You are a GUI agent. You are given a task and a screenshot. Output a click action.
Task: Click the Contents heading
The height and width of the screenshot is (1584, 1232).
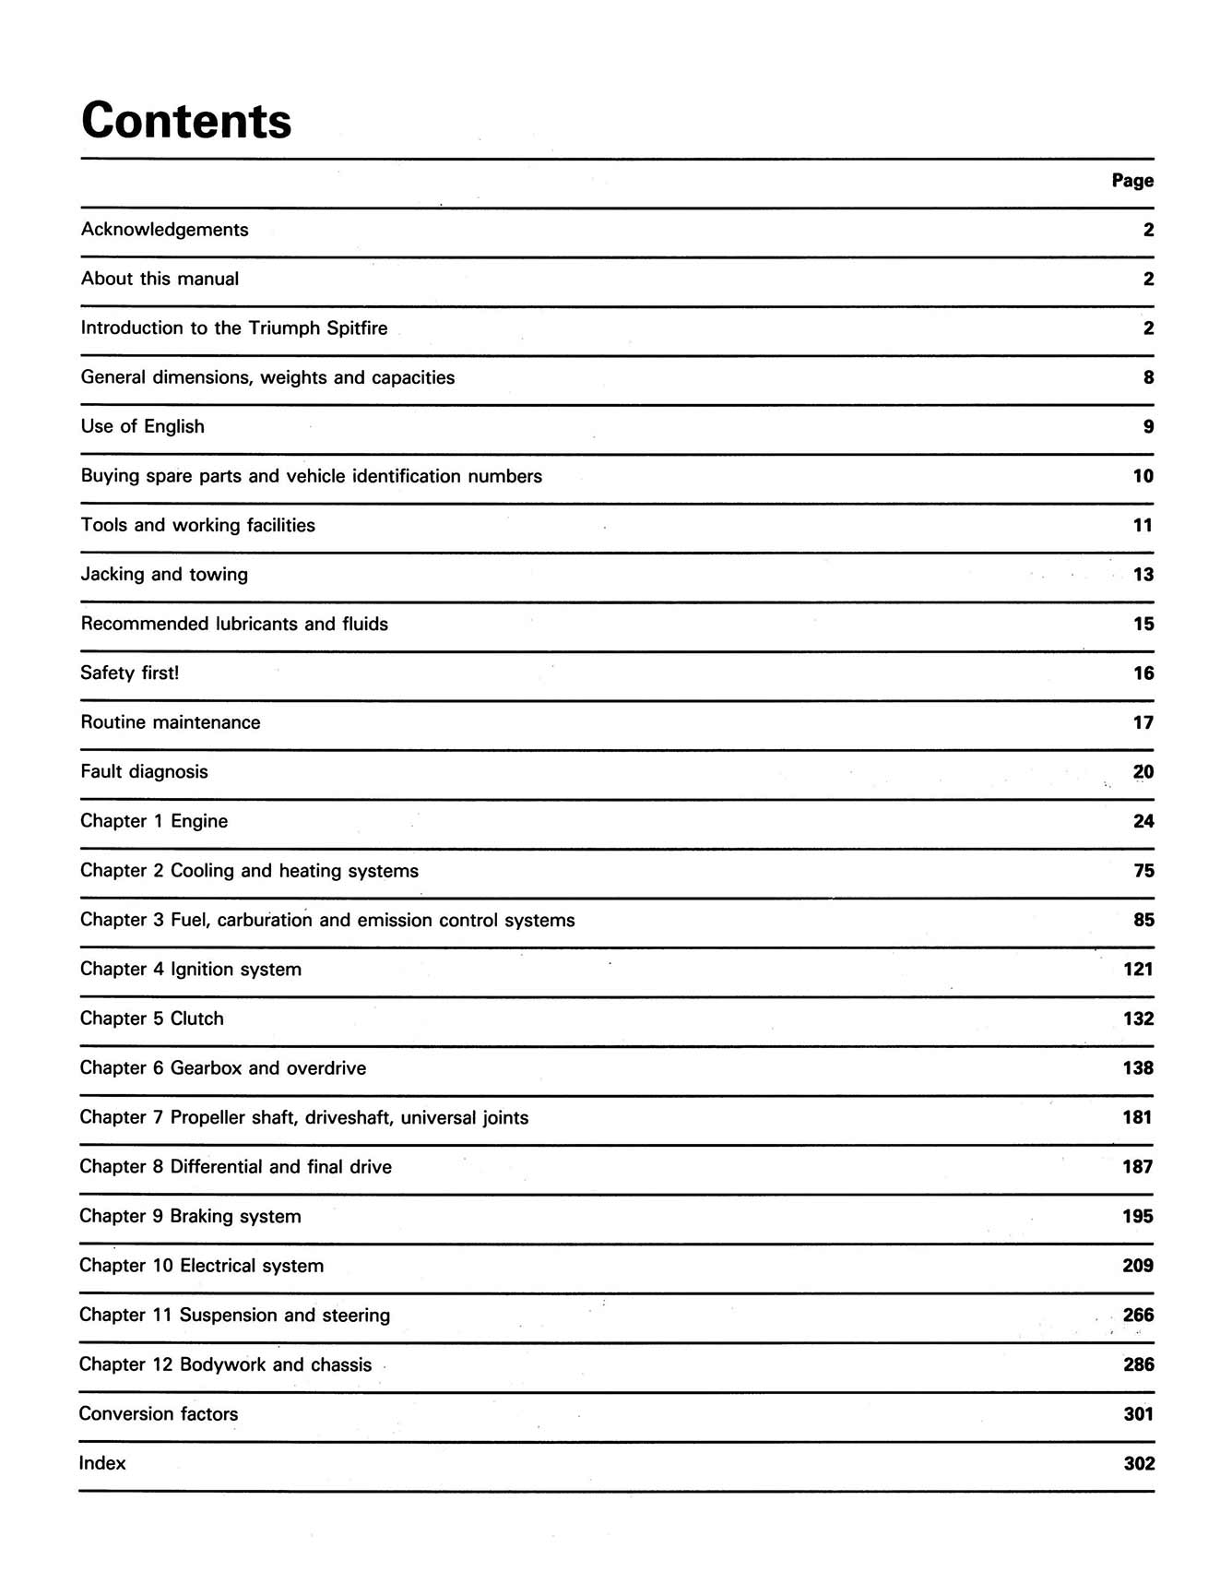coord(186,121)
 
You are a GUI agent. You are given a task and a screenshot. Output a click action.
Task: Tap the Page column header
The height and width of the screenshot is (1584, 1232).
coord(1131,181)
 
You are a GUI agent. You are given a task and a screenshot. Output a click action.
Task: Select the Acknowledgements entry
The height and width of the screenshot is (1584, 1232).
coord(164,230)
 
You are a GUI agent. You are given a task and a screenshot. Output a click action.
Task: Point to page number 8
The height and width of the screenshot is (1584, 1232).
coord(1148,377)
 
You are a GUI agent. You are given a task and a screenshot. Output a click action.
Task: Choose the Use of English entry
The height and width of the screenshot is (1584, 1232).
coord(142,427)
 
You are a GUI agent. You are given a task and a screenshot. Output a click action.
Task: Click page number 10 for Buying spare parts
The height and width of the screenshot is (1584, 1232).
coord(1143,476)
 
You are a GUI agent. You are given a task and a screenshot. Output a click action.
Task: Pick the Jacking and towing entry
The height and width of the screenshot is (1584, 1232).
coord(164,575)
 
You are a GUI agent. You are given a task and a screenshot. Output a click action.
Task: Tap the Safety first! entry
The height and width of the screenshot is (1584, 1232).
coord(129,673)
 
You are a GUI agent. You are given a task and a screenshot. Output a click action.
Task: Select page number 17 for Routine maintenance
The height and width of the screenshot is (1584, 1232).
coord(1143,723)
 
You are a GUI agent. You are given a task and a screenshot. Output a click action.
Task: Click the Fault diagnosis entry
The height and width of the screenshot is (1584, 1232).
coord(144,772)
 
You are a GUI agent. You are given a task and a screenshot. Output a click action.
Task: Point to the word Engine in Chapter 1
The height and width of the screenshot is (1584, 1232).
coord(199,821)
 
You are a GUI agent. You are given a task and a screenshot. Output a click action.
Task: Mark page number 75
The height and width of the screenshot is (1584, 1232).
coord(1143,871)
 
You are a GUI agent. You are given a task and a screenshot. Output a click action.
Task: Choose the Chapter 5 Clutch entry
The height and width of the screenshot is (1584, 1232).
coord(151,1018)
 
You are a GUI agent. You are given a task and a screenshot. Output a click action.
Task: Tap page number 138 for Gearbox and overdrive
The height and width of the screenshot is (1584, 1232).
coord(1138,1068)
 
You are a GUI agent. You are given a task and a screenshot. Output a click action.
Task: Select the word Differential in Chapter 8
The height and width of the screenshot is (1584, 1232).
coord(217,1167)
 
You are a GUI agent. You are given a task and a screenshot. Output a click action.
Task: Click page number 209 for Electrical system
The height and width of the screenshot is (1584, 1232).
coord(1138,1266)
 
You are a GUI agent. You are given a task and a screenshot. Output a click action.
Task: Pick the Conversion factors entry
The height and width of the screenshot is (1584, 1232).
coord(158,1414)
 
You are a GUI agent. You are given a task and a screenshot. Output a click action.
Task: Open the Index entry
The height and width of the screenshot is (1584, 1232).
coord(102,1464)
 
